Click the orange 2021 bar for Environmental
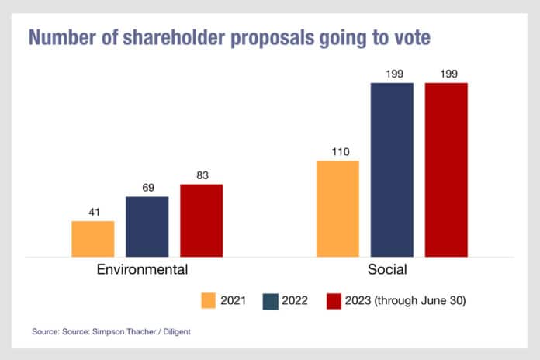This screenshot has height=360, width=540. pyautogui.click(x=93, y=238)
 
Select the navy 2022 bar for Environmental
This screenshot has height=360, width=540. pyautogui.click(x=147, y=226)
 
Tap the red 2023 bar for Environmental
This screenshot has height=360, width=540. pyautogui.click(x=202, y=220)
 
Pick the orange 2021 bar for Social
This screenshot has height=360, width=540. pyautogui.click(x=337, y=208)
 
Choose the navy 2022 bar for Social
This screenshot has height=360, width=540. pyautogui.click(x=392, y=169)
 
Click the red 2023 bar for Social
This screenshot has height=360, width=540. pyautogui.click(x=446, y=169)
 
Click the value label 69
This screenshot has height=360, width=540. pyautogui.click(x=147, y=188)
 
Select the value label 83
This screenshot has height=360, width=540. pyautogui.click(x=202, y=175)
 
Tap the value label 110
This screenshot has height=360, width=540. pyautogui.click(x=337, y=152)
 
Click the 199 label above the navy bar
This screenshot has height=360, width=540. pyautogui.click(x=392, y=74)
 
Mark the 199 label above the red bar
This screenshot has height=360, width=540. pyautogui.click(x=446, y=74)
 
